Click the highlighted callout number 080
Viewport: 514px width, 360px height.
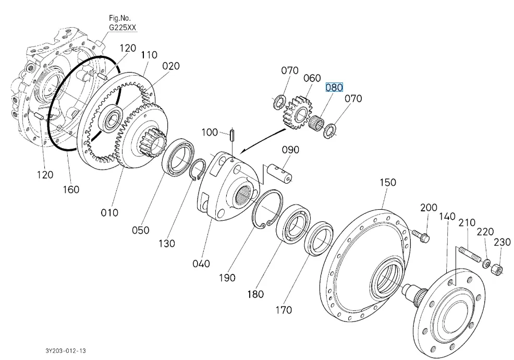[x=334, y=87]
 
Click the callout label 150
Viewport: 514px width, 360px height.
[x=387, y=183]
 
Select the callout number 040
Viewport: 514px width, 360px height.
[x=201, y=263]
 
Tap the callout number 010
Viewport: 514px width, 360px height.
[x=109, y=212]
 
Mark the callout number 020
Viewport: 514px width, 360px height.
[x=170, y=66]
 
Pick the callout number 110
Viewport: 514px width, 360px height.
[x=149, y=54]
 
